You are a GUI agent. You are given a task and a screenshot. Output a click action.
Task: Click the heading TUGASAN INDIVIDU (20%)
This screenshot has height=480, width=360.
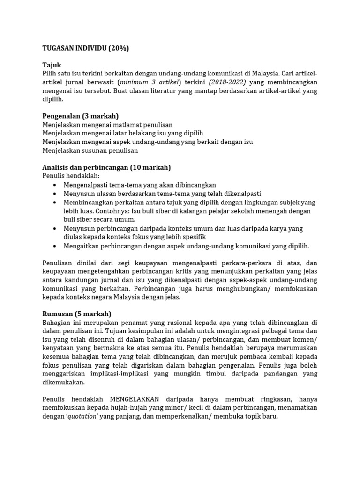[x=85, y=48]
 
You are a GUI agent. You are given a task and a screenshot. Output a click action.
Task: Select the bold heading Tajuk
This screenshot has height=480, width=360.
[x=52, y=65]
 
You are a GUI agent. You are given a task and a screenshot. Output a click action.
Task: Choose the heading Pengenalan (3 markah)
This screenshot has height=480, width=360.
[x=80, y=116]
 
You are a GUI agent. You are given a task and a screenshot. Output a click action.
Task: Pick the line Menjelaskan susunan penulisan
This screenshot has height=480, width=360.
[x=90, y=150]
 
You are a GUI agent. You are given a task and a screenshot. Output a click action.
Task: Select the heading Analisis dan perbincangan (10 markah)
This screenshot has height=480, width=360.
[x=106, y=167]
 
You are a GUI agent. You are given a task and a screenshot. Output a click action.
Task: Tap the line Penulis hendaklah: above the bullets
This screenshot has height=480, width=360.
[x=71, y=176]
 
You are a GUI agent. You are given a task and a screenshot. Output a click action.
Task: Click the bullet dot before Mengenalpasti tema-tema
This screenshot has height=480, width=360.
[x=55, y=185]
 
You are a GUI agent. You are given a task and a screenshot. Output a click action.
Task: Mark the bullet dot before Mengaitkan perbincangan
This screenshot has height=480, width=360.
[x=55, y=246]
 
